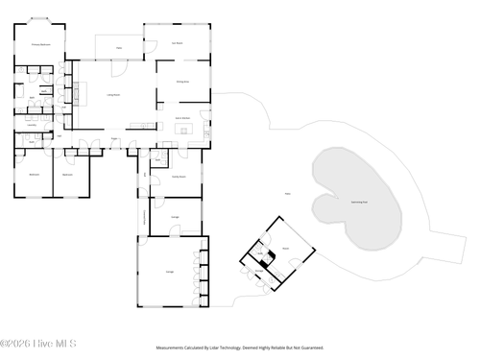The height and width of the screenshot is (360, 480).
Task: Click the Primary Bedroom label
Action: coord(40,44)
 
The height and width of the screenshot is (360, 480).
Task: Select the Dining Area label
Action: coord(181,83)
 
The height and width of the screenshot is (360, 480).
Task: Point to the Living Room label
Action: coord(112,94)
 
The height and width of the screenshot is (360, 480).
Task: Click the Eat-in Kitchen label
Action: coord(181,118)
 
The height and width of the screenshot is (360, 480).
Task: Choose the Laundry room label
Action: coord(32,124)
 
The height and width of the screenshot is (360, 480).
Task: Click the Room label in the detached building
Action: coord(285,247)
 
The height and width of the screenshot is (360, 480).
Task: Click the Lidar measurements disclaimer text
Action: coord(239,348)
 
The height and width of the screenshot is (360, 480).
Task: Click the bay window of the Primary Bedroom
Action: coord(40,19)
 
